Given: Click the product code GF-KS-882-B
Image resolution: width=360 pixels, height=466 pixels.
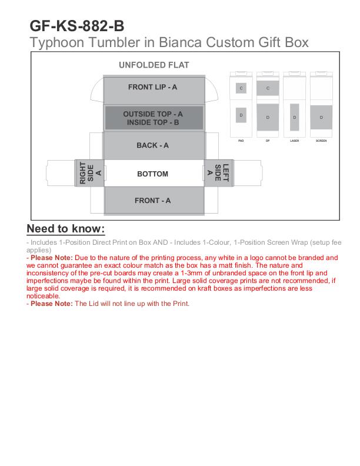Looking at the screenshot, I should click(x=77, y=26).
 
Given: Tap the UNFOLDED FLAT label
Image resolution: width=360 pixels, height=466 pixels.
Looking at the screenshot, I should click(x=154, y=65).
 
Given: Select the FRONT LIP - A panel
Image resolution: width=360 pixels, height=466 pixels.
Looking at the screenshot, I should click(x=152, y=87).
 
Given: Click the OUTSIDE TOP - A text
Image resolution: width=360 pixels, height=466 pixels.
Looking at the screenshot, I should click(x=153, y=114).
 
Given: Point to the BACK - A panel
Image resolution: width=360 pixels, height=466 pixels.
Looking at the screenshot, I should click(x=152, y=145).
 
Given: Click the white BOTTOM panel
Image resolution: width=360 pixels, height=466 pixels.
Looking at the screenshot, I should click(x=152, y=174).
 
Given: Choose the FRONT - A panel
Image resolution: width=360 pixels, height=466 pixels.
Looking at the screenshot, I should click(x=152, y=201).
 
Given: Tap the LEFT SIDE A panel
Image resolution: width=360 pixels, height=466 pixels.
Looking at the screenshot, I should click(x=218, y=173).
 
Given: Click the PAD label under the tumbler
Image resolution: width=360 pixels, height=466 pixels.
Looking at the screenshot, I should click(x=241, y=141).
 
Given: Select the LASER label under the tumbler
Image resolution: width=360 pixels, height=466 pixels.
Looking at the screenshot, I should click(x=294, y=141).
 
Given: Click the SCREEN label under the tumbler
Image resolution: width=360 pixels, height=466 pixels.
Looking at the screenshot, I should click(x=321, y=141).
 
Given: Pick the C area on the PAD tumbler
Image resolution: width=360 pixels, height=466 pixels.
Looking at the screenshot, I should click(x=241, y=88).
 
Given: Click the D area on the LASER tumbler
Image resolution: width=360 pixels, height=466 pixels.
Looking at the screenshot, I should click(x=294, y=116).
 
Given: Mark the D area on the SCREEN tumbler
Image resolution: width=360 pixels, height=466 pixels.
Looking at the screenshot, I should click(x=321, y=117).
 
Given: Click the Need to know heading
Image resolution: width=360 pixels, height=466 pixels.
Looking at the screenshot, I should click(x=66, y=229).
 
